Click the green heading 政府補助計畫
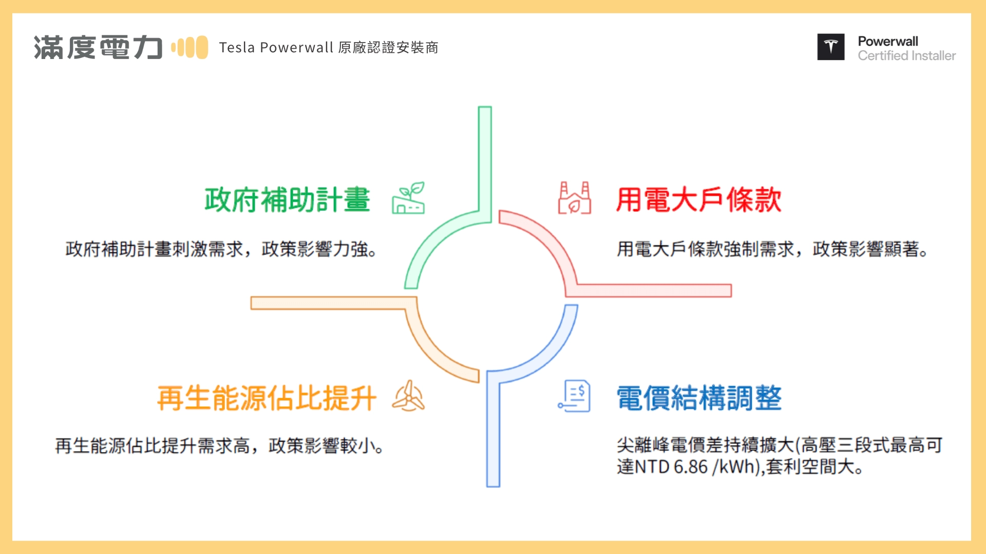(287, 200)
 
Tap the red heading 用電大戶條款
(698, 200)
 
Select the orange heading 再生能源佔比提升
(267, 398)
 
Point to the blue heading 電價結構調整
(698, 398)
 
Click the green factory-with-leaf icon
(409, 198)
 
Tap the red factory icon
(575, 198)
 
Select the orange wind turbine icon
(408, 396)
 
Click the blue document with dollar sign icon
(575, 396)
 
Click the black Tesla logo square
(830, 47)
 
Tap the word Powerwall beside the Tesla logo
(888, 41)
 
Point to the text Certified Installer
(906, 55)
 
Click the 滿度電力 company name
(98, 48)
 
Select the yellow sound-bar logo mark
(189, 47)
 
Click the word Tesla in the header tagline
(237, 48)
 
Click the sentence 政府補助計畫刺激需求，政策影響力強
(221, 249)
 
